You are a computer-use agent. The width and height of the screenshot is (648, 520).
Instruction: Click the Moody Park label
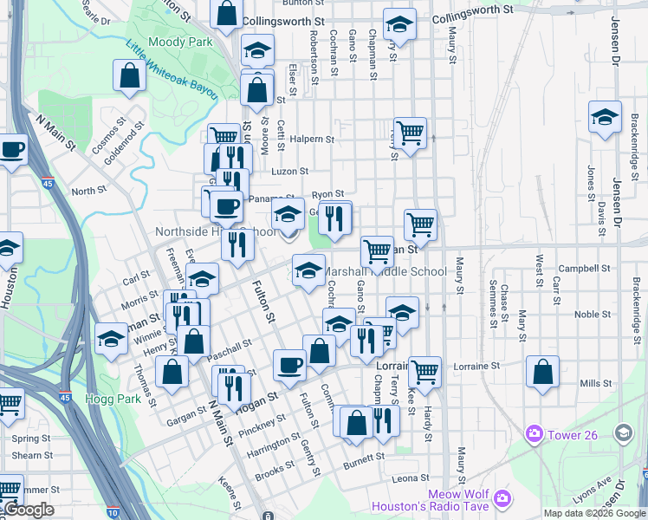point(180,42)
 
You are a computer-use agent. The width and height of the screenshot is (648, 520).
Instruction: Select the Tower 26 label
point(572,434)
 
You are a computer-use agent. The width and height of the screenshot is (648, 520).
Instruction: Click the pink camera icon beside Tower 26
point(535,433)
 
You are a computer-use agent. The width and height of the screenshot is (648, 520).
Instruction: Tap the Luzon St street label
point(290,172)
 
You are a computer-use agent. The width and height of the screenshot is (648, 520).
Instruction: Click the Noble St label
point(593,315)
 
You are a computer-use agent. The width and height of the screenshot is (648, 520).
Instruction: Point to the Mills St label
point(595,383)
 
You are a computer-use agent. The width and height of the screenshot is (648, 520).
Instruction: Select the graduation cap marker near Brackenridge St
point(605,117)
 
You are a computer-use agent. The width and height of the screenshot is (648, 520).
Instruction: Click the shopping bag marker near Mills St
point(541,372)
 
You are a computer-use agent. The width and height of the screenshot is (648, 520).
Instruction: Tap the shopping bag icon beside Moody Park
point(129,75)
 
